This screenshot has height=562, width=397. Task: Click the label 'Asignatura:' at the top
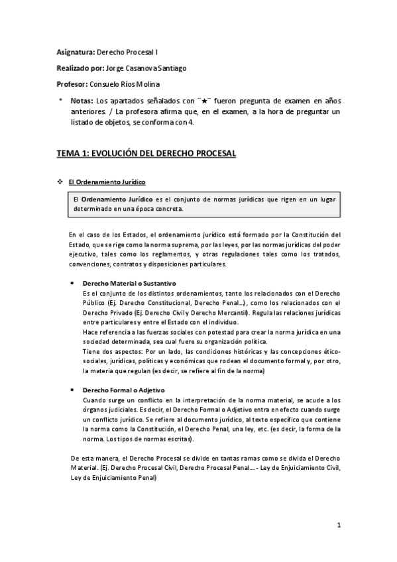(76, 50)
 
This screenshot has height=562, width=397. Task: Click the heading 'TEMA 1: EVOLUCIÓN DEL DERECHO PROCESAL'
(146, 153)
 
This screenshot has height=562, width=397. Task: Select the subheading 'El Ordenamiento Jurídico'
(109, 182)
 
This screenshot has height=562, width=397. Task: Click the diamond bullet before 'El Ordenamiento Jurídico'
(61, 182)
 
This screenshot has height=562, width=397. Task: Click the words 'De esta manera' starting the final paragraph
(91, 458)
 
